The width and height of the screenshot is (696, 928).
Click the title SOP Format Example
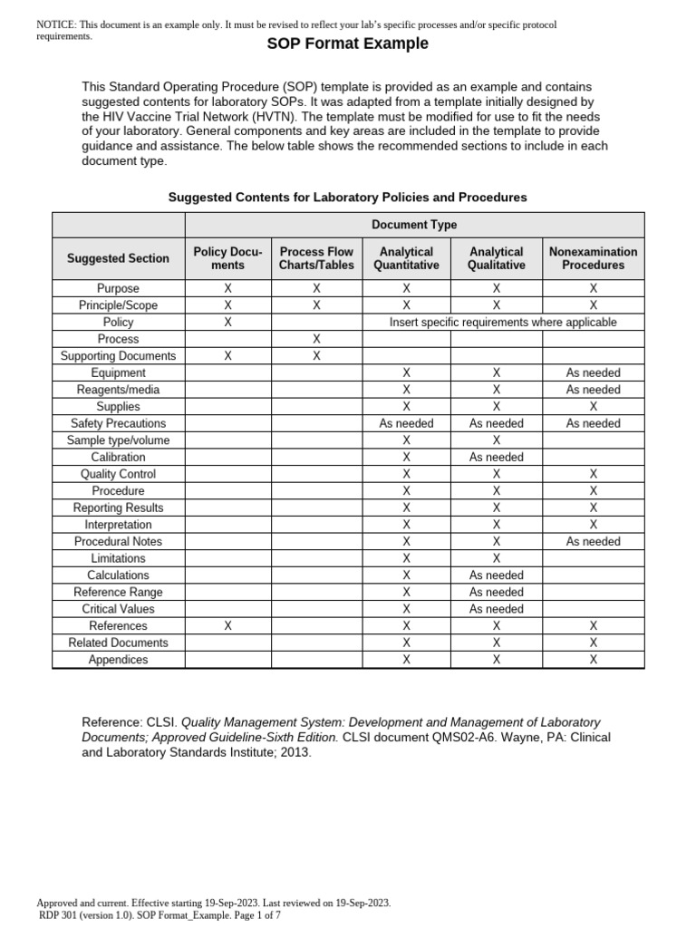click(x=348, y=43)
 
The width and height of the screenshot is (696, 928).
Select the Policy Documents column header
click(x=227, y=258)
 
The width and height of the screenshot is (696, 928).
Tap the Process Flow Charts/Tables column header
click(x=316, y=258)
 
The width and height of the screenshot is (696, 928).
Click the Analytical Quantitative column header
click(x=406, y=258)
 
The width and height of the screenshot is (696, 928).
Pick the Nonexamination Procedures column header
click(x=593, y=258)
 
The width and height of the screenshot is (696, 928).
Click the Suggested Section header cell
click(x=118, y=258)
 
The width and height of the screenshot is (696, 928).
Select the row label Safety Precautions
click(x=118, y=423)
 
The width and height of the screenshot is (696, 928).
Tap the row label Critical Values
click(x=118, y=609)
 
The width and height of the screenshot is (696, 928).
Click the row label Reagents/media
click(x=118, y=390)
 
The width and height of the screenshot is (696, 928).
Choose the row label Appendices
click(x=118, y=660)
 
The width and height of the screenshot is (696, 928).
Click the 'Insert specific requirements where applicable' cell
click(x=503, y=322)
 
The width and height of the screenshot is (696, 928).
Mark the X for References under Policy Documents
click(x=227, y=625)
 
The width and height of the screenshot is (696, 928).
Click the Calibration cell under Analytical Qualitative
click(x=496, y=458)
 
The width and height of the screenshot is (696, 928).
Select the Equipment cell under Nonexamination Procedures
click(x=593, y=372)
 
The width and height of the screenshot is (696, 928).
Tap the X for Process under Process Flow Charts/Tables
click(x=316, y=339)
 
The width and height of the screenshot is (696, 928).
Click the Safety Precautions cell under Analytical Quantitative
click(x=406, y=423)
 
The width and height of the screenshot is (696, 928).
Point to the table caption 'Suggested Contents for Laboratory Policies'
click(x=348, y=197)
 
